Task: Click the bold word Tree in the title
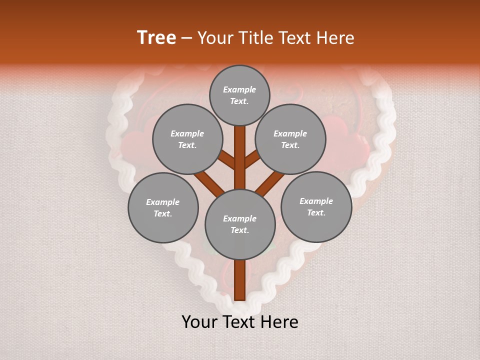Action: click(x=156, y=38)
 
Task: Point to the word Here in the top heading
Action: click(x=336, y=38)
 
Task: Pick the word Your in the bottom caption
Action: click(x=199, y=322)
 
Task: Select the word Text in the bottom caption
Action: click(x=238, y=322)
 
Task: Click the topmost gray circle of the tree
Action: click(x=239, y=95)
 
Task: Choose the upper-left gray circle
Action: click(x=187, y=139)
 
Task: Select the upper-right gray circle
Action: click(x=290, y=139)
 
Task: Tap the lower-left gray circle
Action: click(x=163, y=207)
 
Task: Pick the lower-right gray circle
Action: click(x=316, y=206)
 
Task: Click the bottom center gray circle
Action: click(x=240, y=224)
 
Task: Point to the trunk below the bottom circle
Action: click(x=240, y=280)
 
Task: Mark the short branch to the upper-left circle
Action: click(x=227, y=160)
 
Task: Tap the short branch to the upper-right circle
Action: click(x=252, y=159)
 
